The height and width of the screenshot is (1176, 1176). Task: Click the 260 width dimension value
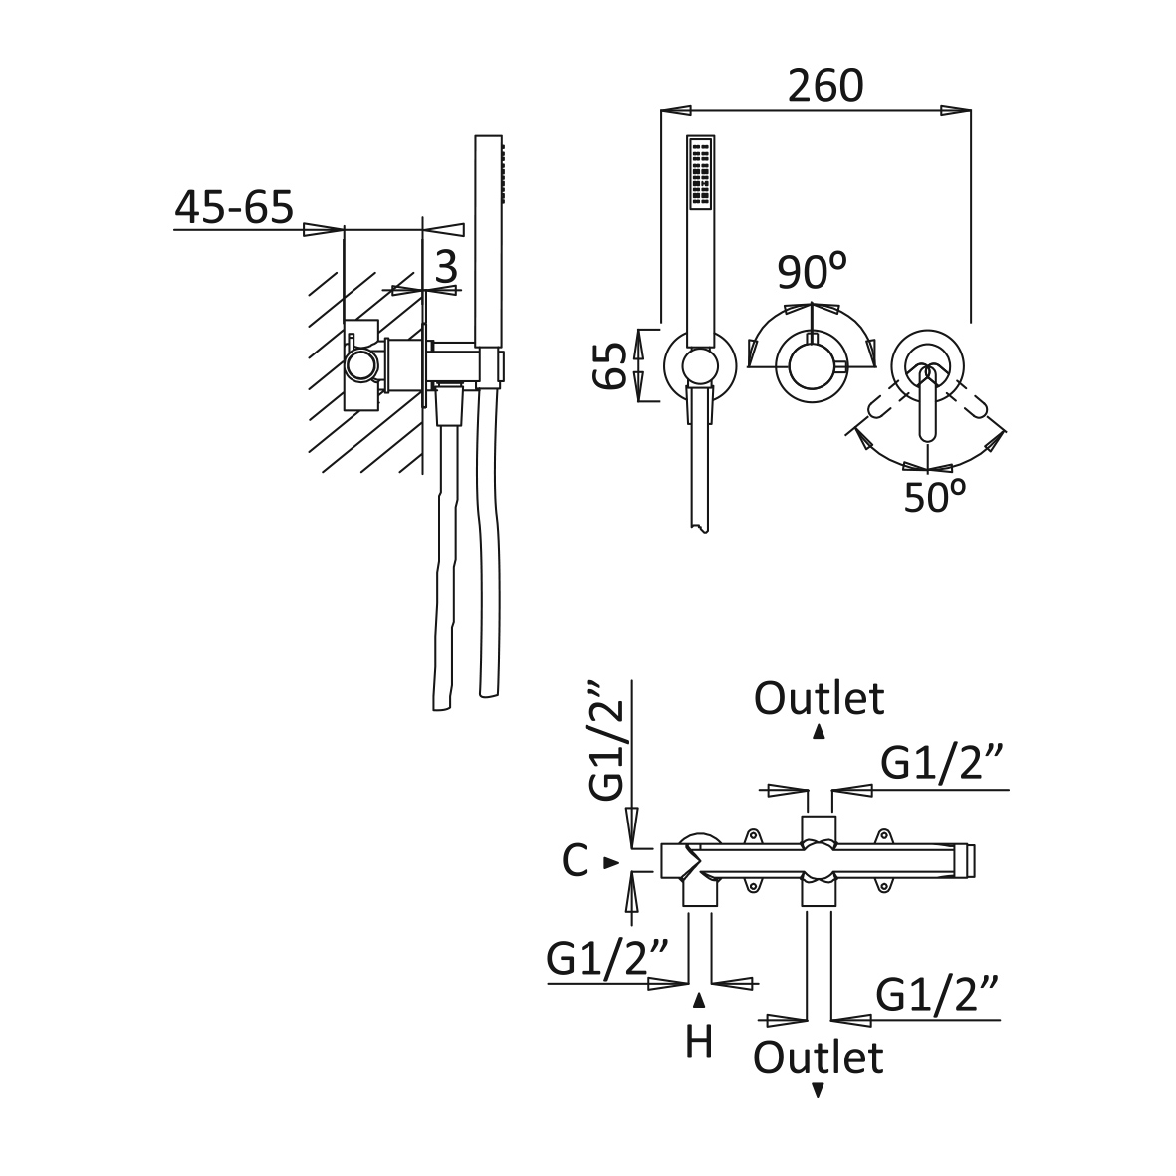point(824,87)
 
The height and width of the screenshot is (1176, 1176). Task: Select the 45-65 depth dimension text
point(234,207)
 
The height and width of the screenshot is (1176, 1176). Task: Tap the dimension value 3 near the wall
point(446,267)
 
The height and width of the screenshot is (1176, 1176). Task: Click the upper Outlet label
point(819,698)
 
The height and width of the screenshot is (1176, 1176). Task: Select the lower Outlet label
point(819,1057)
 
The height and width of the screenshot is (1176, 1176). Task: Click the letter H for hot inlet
point(699,1042)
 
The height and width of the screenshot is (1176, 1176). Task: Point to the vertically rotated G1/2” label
point(607,742)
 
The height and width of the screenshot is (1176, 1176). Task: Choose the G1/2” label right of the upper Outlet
point(940,764)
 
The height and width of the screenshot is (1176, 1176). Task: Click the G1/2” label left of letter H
point(605,959)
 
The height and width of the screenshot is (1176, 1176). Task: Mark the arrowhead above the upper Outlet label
point(819,732)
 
